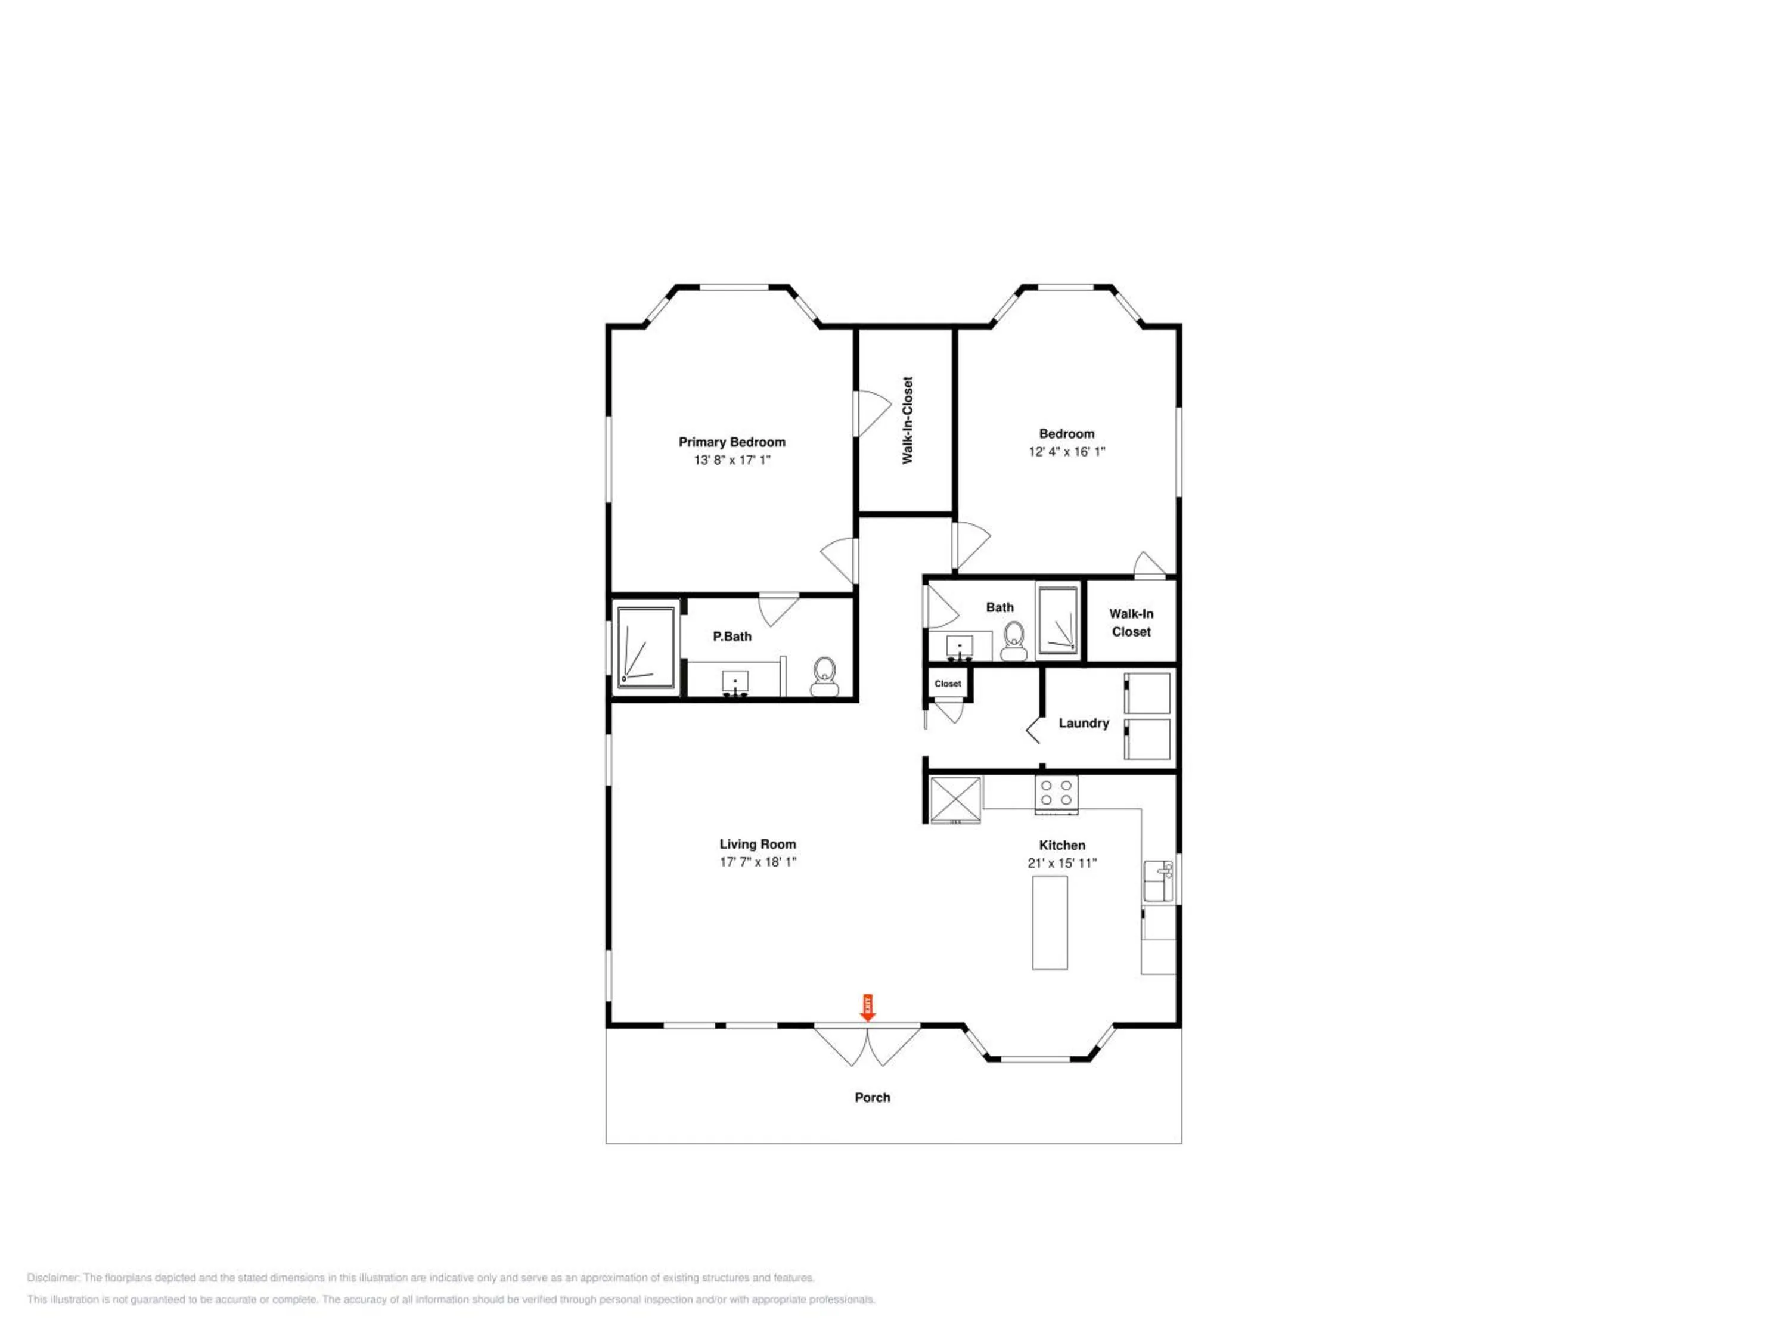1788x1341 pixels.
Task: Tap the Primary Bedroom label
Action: click(731, 442)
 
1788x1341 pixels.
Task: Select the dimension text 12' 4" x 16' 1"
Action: click(1067, 452)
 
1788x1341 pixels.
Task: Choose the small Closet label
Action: click(948, 684)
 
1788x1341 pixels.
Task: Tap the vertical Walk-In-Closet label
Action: click(907, 420)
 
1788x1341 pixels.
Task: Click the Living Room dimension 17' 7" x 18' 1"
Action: click(758, 862)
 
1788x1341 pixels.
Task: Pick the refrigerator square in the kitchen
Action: click(955, 799)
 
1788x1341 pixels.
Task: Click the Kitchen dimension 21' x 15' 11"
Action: click(1062, 863)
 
